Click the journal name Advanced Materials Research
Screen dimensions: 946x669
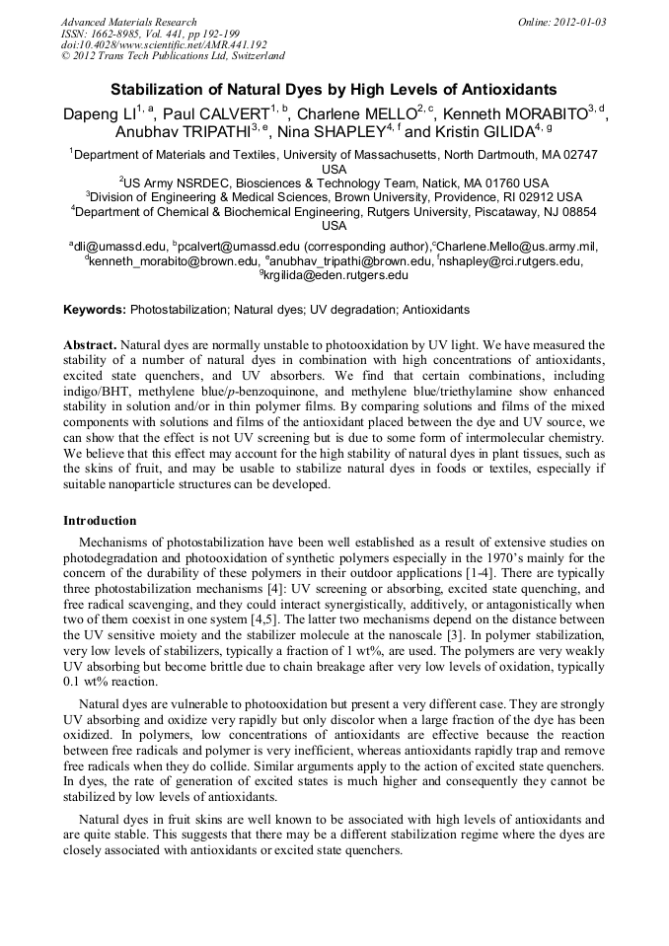[128, 22]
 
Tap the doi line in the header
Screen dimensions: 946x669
[164, 44]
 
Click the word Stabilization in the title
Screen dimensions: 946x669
[159, 89]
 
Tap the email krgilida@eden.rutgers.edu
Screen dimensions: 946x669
[336, 276]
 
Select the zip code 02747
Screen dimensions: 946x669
[580, 155]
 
